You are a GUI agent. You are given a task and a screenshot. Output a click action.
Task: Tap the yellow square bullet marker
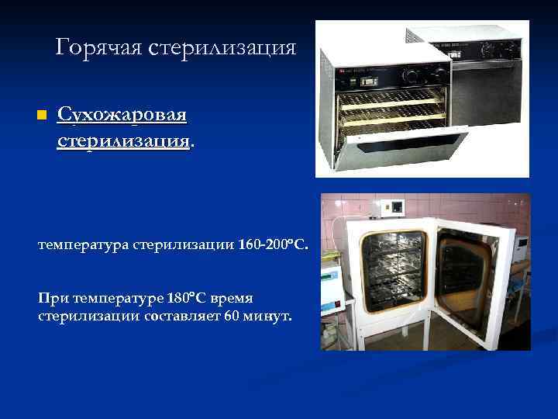coord(42,116)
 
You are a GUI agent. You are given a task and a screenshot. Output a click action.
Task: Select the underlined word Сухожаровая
coord(122,116)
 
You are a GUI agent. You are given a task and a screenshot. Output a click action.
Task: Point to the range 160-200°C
coord(277,246)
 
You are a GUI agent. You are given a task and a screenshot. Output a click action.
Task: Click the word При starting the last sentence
coord(51,298)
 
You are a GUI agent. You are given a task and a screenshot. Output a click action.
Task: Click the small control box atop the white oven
coord(397,207)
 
